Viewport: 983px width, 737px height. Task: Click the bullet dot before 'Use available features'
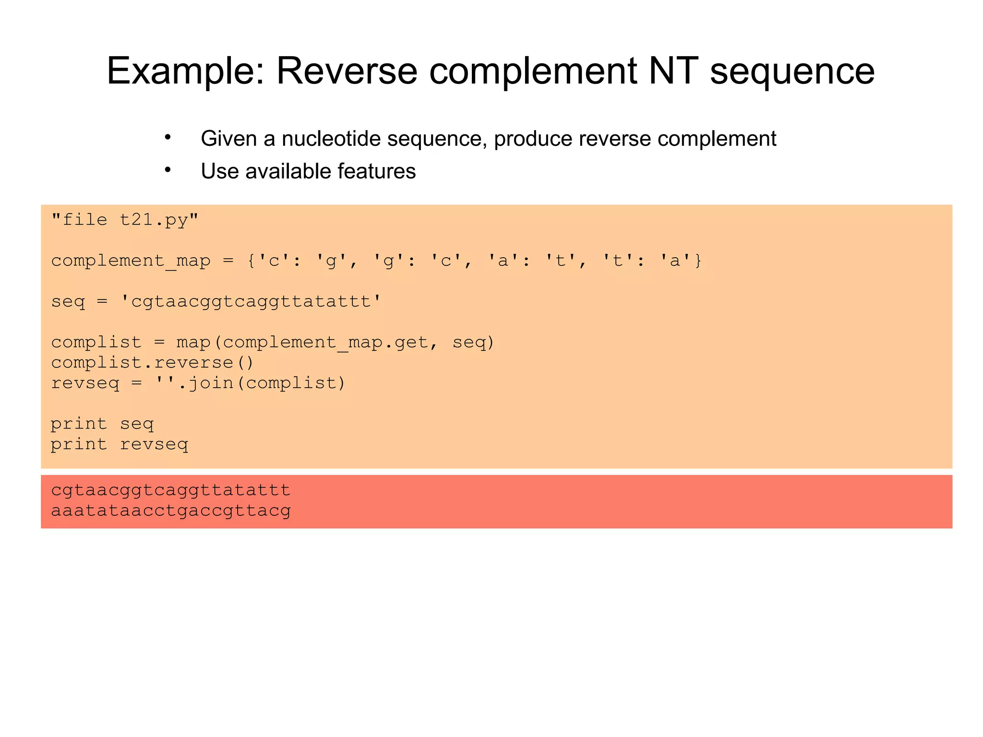[x=168, y=170]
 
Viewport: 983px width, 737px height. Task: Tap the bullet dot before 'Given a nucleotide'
[x=168, y=138]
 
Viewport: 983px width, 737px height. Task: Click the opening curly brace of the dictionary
[x=251, y=261]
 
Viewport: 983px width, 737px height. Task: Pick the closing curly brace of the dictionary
[x=698, y=261]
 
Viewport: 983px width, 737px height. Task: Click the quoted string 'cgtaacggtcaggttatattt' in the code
[x=251, y=301]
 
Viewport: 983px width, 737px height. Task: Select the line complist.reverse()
[x=152, y=362]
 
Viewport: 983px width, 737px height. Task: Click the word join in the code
[x=210, y=383]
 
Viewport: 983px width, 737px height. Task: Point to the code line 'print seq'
[x=102, y=424]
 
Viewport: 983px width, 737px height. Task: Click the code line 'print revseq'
[x=120, y=444]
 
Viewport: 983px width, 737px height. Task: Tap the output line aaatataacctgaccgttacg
[x=171, y=511]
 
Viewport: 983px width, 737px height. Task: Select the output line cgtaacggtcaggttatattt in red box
[x=171, y=490]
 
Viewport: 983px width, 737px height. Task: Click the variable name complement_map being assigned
[x=131, y=261]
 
